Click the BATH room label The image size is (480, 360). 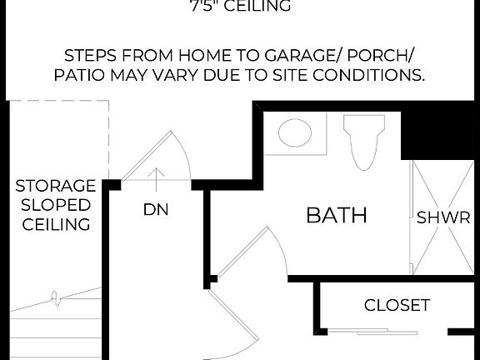click(337, 215)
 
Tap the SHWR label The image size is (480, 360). click(443, 219)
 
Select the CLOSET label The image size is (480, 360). click(397, 305)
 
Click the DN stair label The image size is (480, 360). click(156, 210)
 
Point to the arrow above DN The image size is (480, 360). click(157, 175)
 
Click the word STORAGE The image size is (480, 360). click(56, 185)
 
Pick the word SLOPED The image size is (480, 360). click(56, 205)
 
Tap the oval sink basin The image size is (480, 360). click(294, 132)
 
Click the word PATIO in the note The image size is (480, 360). click(82, 76)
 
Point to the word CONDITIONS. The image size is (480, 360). click(372, 76)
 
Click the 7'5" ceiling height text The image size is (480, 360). click(240, 7)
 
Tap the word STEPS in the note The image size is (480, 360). click(92, 57)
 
